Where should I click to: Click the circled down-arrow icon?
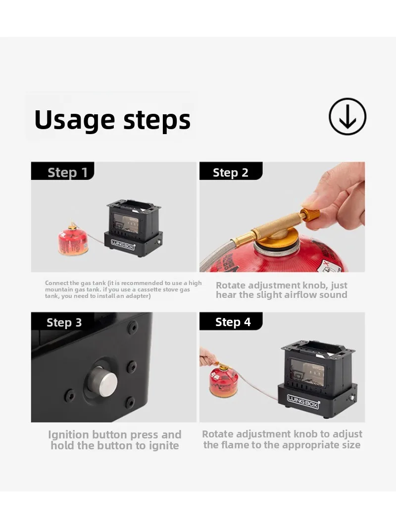[347, 116]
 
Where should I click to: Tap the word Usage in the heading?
[74, 119]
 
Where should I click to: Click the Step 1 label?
[67, 172]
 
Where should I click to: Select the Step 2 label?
[230, 172]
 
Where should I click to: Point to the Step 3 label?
[64, 322]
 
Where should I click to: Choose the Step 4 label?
[233, 322]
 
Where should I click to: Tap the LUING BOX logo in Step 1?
[123, 244]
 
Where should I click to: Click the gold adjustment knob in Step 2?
[310, 215]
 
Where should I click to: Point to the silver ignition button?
[104, 382]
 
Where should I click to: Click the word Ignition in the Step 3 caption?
[68, 435]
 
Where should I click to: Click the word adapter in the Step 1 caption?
[137, 296]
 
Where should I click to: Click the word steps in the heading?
[157, 120]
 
